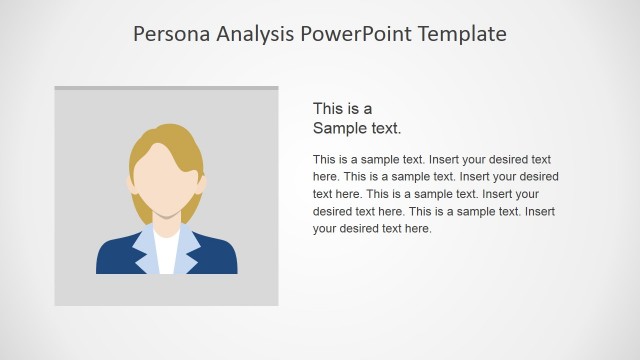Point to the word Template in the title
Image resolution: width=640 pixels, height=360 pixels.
(x=464, y=35)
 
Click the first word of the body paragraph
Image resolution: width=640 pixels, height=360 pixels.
(x=325, y=159)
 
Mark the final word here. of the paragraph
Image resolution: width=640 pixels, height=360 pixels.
(x=415, y=228)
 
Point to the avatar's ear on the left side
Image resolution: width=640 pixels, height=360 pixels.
(x=132, y=184)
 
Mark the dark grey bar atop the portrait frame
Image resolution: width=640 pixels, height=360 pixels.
(x=166, y=88)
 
